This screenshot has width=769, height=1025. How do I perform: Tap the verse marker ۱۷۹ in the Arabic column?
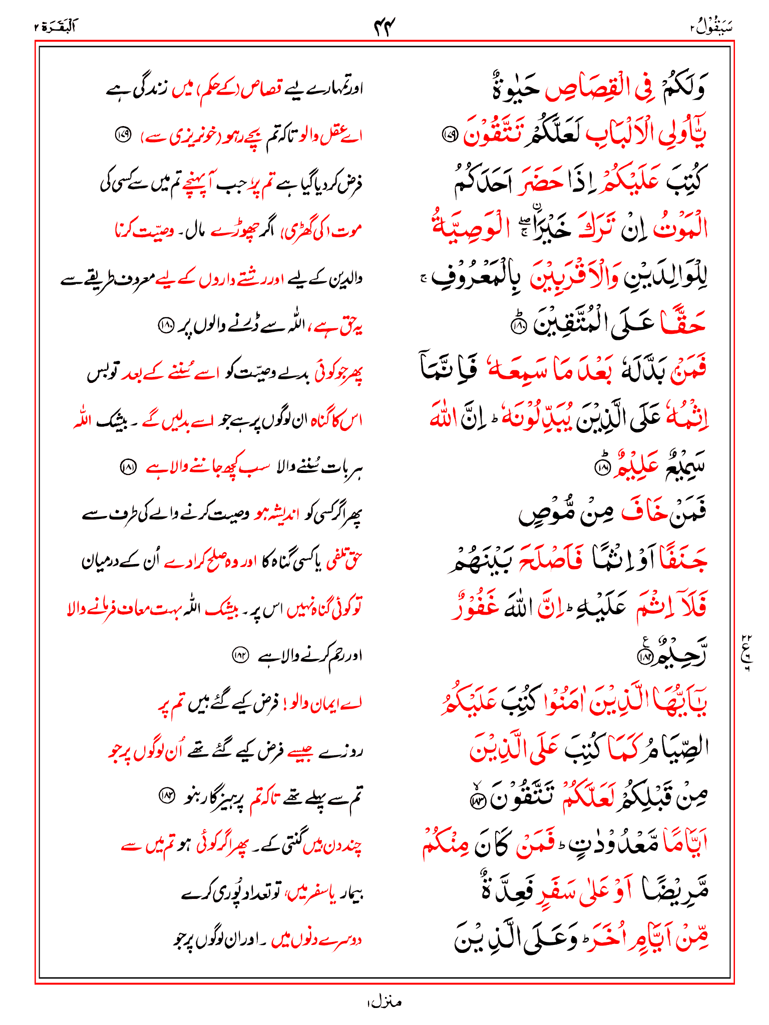coord(449,134)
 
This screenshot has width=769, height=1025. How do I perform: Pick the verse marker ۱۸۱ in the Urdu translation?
coord(128,468)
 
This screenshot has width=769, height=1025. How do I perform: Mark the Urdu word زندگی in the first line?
coord(147,90)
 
